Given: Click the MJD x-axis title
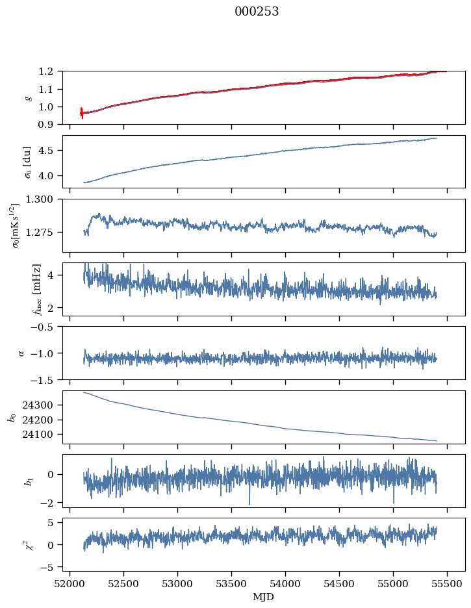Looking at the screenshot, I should (x=264, y=597).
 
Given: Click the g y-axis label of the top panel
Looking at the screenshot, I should (x=28, y=97).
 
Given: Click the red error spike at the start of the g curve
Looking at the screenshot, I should (x=82, y=113).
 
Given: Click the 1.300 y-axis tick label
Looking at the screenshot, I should (x=44, y=199).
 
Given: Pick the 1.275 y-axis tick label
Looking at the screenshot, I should (x=44, y=233).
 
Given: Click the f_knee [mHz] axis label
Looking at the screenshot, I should (x=37, y=289).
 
